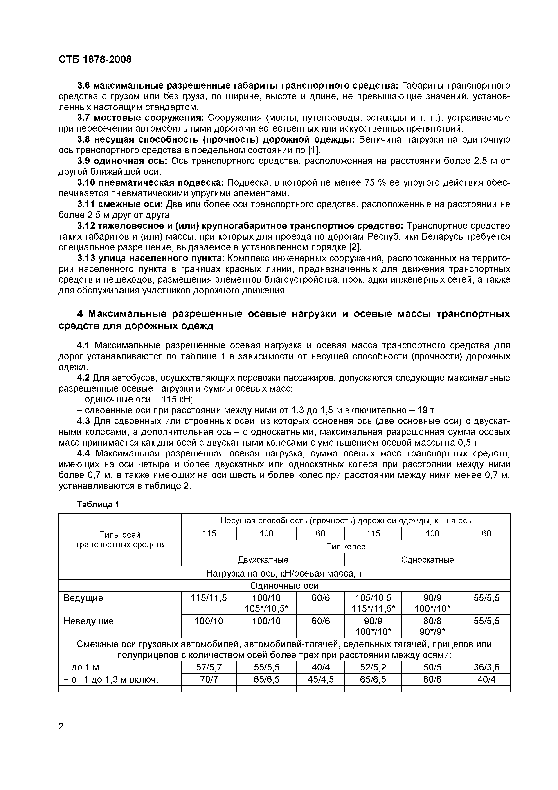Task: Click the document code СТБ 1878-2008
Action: click(95, 59)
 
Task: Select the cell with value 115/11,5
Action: click(209, 598)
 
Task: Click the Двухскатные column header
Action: click(263, 560)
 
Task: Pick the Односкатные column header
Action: click(427, 560)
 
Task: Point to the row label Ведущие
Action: click(83, 598)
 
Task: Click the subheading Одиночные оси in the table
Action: click(284, 586)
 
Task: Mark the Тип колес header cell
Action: click(346, 547)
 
